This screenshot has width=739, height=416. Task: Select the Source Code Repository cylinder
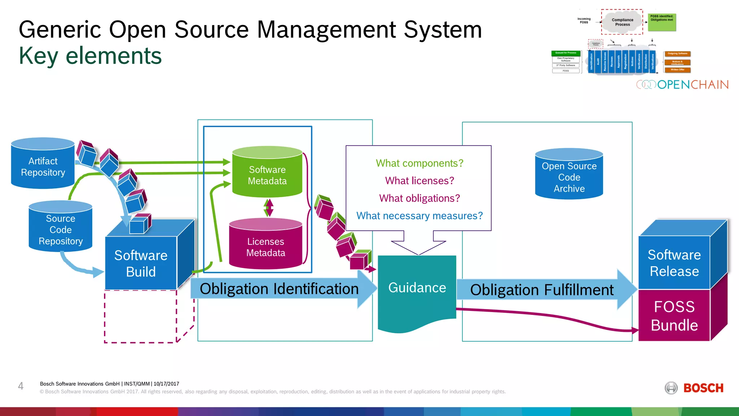point(60,229)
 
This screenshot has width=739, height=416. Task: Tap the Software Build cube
point(141,263)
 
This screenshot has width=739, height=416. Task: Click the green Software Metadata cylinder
point(267,175)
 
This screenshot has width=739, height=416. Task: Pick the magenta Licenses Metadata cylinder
point(266,247)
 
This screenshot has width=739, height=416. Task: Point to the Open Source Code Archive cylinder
point(569,177)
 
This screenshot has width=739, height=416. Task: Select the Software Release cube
point(674,263)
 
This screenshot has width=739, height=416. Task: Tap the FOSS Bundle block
point(674,316)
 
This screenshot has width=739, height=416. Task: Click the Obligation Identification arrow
point(279,289)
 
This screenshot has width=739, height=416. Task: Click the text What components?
point(419,163)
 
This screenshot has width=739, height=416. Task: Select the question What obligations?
point(419,198)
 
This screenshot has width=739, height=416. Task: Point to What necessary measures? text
point(419,216)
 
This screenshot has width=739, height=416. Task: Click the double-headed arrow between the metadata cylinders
point(268,208)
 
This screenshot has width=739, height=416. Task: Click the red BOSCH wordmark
point(703,388)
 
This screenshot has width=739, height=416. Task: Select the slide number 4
point(21,386)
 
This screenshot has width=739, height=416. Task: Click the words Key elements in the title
point(90,56)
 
